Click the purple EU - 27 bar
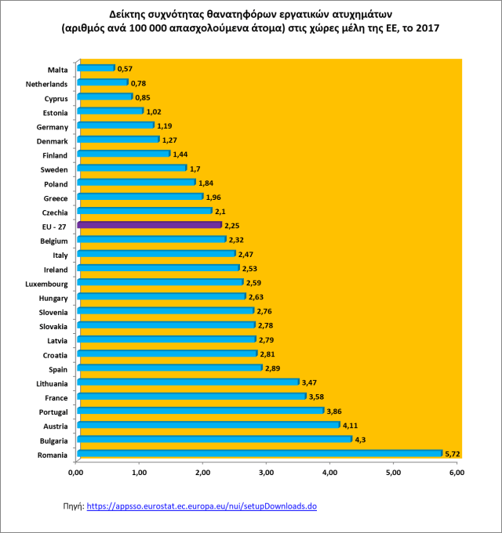pyautogui.click(x=149, y=225)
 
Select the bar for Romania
pyautogui.click(x=260, y=453)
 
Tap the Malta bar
pyautogui.click(x=95, y=68)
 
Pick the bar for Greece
pyautogui.click(x=139, y=197)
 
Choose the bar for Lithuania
pyautogui.click(x=187, y=382)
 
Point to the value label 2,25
pyautogui.click(x=234, y=226)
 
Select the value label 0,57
pyautogui.click(x=125, y=69)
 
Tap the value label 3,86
pyautogui.click(x=336, y=411)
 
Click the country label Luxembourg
pyautogui.click(x=46, y=284)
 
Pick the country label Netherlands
pyautogui.click(x=47, y=84)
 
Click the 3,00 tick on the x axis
pyautogui.click(x=266, y=473)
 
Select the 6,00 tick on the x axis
pyautogui.click(x=457, y=473)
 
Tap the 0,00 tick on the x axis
pyautogui.click(x=75, y=473)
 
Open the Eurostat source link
pyautogui.click(x=201, y=507)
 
